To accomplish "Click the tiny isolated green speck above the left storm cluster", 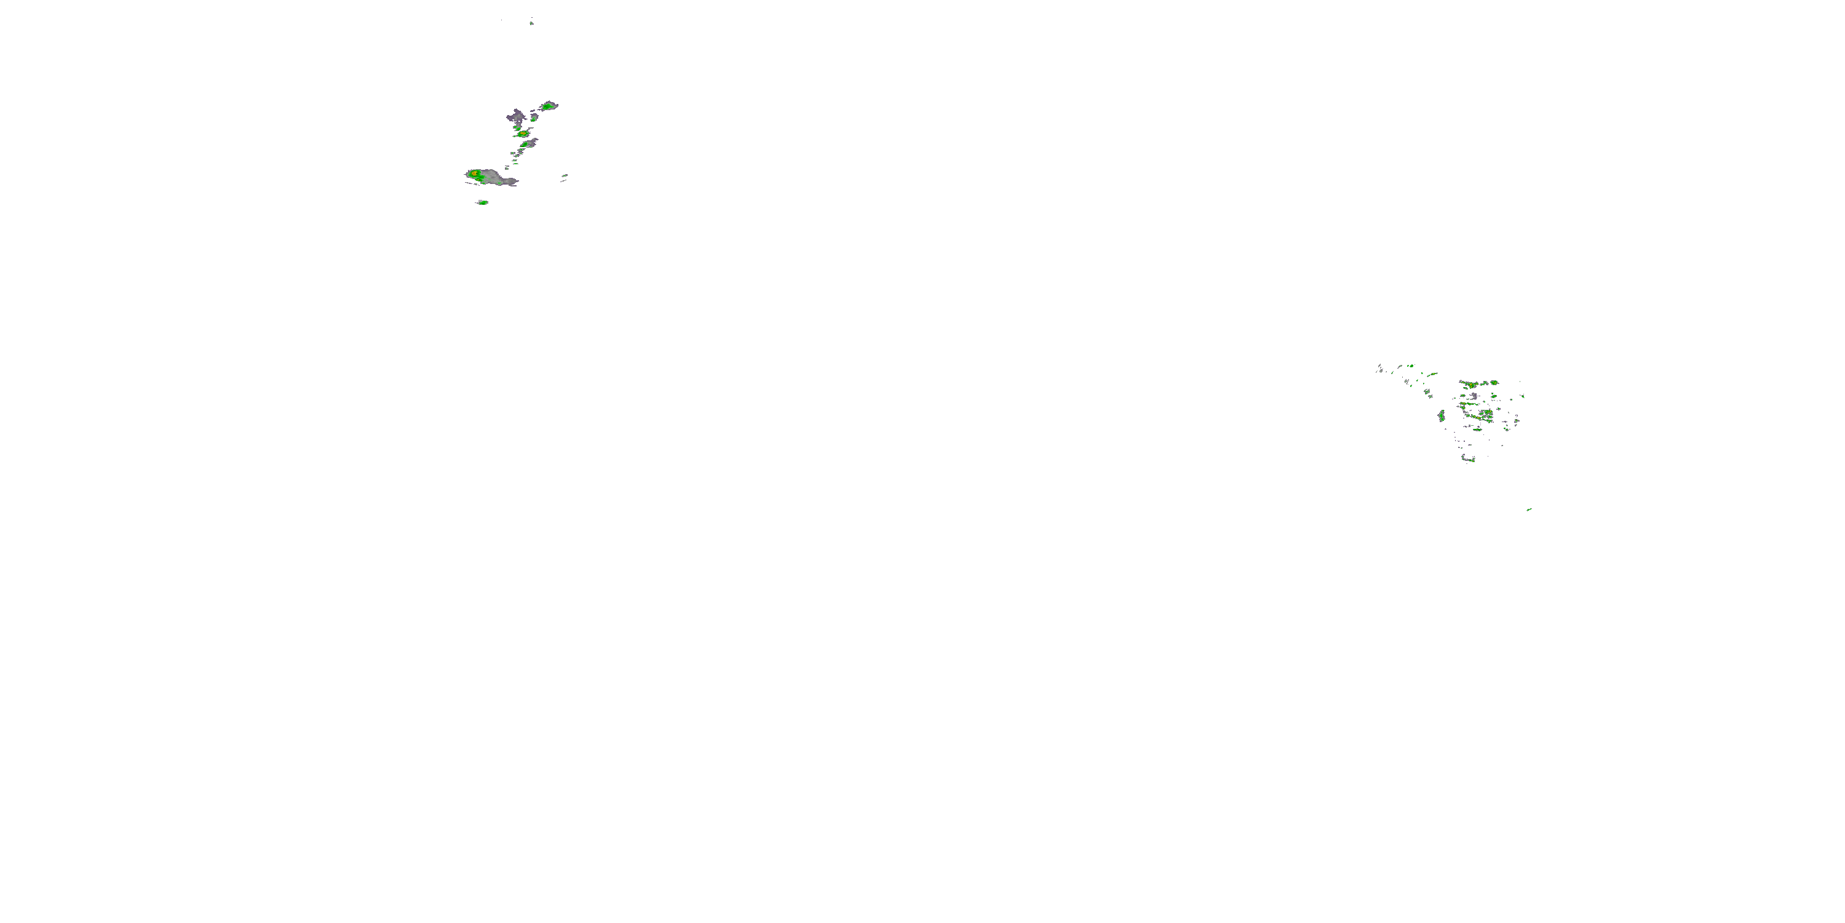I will [x=531, y=23].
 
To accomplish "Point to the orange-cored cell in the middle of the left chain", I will [x=523, y=134].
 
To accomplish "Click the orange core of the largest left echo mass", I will [x=474, y=174].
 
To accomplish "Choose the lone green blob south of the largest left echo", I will [x=483, y=203].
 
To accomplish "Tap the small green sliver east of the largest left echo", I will [x=565, y=175].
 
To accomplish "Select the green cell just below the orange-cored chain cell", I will [x=525, y=144].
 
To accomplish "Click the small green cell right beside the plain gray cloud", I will [x=534, y=118].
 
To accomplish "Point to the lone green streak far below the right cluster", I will [x=1528, y=509].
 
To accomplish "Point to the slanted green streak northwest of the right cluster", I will [x=1432, y=374].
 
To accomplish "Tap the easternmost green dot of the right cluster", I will [x=1523, y=396].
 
